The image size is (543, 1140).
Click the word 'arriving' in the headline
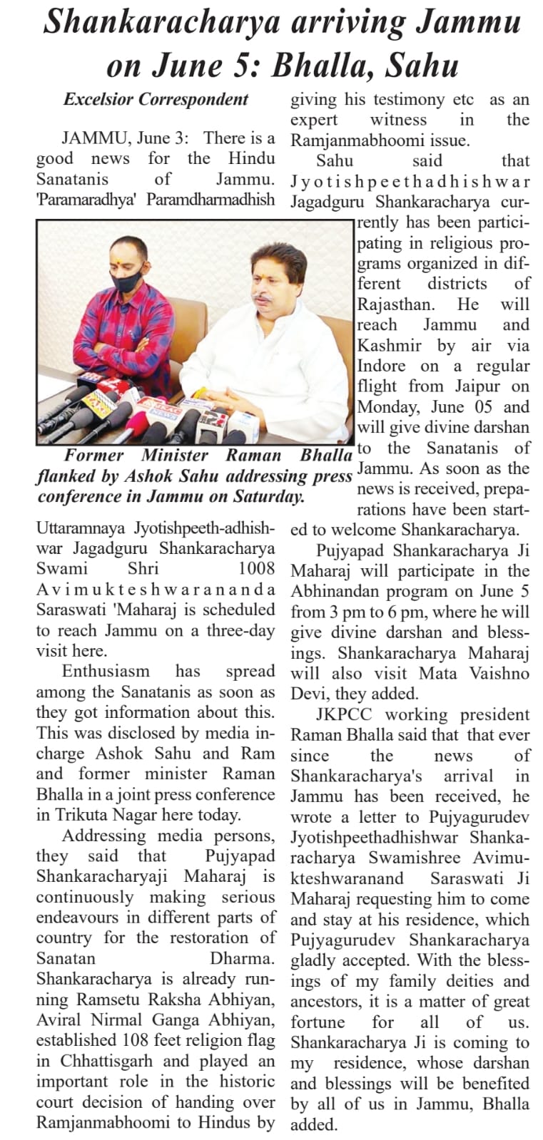click(x=338, y=24)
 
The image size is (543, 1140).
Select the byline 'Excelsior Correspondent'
click(x=156, y=100)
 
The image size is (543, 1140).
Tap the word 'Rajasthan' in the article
click(x=395, y=304)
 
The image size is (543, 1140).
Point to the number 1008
click(x=256, y=568)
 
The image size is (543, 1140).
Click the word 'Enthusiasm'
click(x=106, y=671)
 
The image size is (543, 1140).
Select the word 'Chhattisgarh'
click(x=96, y=1061)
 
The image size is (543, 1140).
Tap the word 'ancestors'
click(x=328, y=1002)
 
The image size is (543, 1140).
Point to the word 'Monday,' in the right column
click(x=387, y=407)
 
